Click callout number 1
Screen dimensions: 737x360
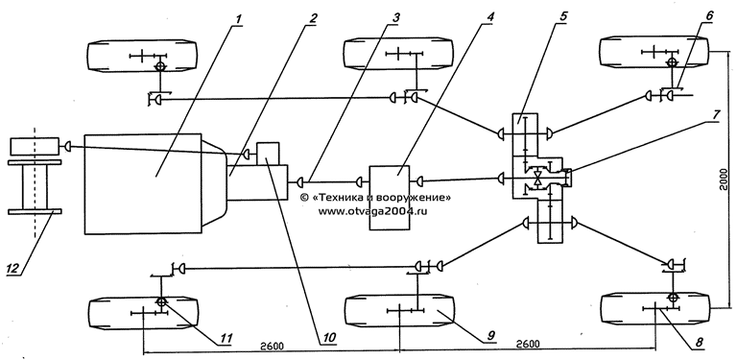pos(239,19)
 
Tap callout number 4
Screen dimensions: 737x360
pos(490,16)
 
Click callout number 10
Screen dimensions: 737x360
pos(325,339)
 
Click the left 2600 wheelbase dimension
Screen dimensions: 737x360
pos(272,346)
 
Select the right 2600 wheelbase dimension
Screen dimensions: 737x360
pos(527,345)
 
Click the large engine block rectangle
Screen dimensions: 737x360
pos(143,183)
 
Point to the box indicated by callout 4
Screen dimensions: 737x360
pos(390,198)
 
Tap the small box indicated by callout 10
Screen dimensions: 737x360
pos(268,154)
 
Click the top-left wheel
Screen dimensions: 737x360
pos(142,56)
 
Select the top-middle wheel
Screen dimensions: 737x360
pos(398,55)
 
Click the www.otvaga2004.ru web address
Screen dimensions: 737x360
pos(372,211)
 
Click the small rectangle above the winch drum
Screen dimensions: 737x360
pos(34,145)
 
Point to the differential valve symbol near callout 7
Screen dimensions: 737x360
pos(537,179)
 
